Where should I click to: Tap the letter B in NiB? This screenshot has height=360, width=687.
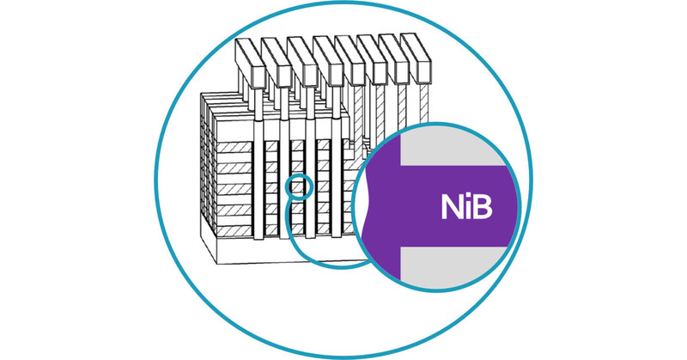click(483, 208)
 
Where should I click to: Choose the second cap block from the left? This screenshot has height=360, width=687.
click(277, 58)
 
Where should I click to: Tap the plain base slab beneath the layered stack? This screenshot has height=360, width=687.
click(258, 249)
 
